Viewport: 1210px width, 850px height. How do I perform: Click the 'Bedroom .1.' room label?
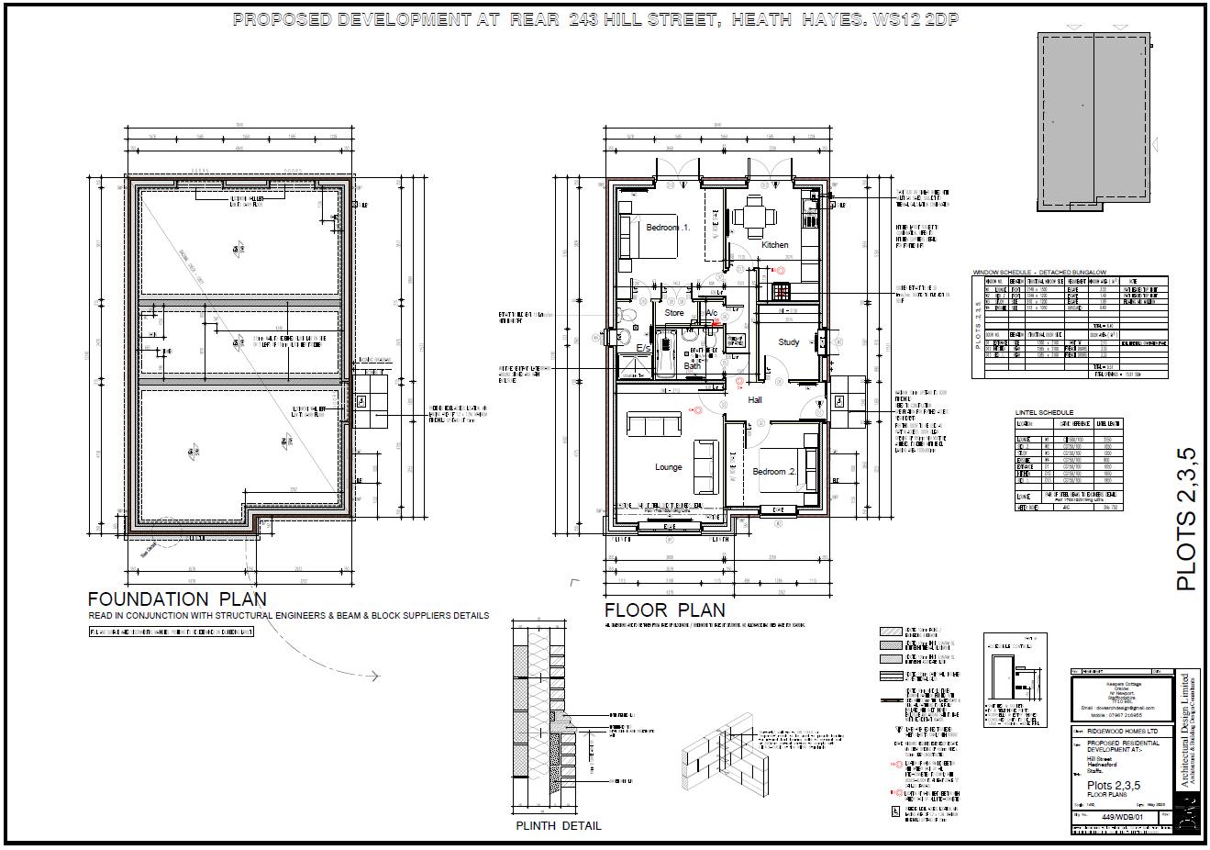pyautogui.click(x=667, y=227)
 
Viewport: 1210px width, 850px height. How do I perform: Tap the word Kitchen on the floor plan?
pyautogui.click(x=774, y=245)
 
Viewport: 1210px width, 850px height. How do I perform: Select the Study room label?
pyautogui.click(x=788, y=342)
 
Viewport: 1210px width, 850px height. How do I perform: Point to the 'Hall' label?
pyautogui.click(x=755, y=400)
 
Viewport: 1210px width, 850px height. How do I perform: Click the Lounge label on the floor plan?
pyautogui.click(x=668, y=467)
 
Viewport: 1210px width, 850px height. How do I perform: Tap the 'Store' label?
pyautogui.click(x=673, y=313)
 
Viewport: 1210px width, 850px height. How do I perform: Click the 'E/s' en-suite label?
pyautogui.click(x=644, y=350)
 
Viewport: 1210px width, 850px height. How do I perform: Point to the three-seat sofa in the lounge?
pyautogui.click(x=653, y=424)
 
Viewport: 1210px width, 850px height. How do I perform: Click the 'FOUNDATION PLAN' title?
pyautogui.click(x=177, y=598)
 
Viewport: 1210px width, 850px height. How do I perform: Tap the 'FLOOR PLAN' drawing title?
pyautogui.click(x=664, y=610)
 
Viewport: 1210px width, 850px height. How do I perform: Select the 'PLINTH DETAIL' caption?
pyautogui.click(x=559, y=825)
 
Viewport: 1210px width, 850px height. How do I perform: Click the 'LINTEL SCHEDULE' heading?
pyautogui.click(x=1044, y=413)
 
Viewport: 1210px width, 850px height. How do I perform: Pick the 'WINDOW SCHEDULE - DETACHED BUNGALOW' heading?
pyautogui.click(x=1039, y=273)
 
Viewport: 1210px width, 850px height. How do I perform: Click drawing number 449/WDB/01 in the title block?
pyautogui.click(x=1122, y=816)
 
